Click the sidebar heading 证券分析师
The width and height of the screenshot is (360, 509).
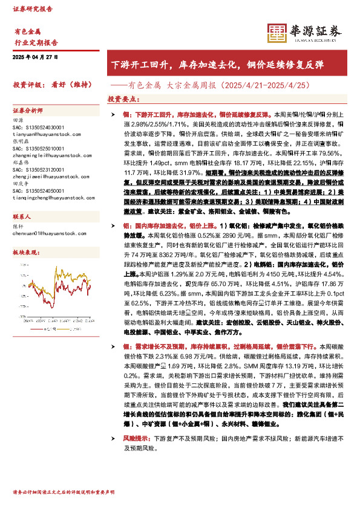(28, 111)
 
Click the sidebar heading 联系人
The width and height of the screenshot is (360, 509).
(22, 216)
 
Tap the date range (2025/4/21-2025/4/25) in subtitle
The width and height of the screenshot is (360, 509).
(267, 85)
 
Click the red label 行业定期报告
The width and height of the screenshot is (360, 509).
(36, 42)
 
